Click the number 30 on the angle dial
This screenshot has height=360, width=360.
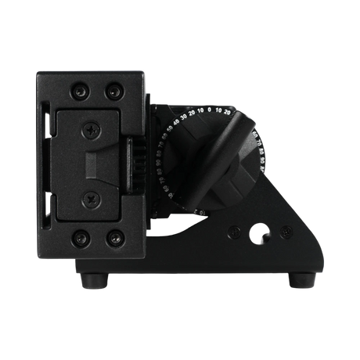coord(183,117)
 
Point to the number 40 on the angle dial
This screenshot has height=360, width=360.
coord(175,123)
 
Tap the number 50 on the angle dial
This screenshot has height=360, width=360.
coord(168,129)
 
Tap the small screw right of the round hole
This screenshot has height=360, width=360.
coord(284,232)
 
